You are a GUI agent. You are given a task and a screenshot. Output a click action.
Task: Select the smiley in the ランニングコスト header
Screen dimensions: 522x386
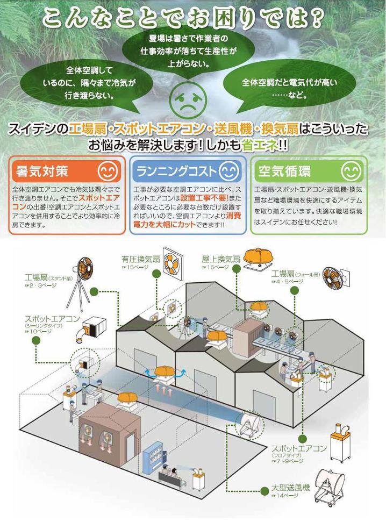229,171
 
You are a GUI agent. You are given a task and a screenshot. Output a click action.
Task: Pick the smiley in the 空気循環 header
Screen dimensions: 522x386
352,171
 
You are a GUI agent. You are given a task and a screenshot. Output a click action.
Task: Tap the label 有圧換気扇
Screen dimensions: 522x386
141,259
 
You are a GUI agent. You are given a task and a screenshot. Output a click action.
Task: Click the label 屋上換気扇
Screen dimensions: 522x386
219,259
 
